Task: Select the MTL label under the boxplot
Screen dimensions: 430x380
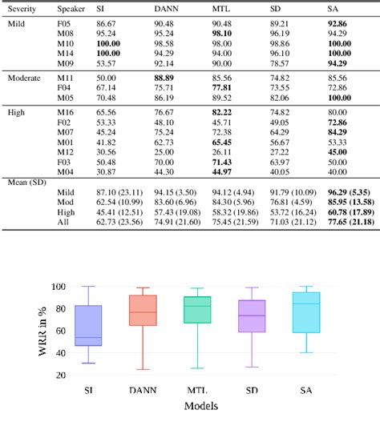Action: (x=198, y=389)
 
